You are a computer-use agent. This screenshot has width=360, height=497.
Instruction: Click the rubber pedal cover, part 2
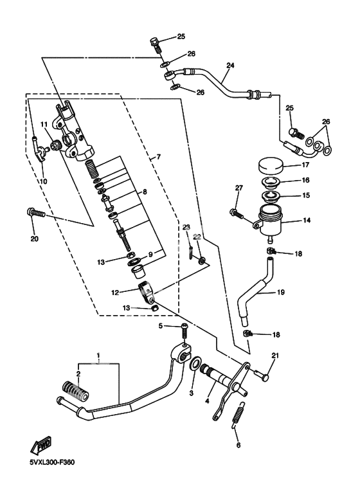[75, 390]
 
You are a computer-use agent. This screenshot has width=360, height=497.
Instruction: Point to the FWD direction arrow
[40, 446]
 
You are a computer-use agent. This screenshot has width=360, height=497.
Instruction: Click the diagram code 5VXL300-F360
[52, 462]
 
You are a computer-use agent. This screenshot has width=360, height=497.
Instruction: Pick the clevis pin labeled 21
[261, 376]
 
